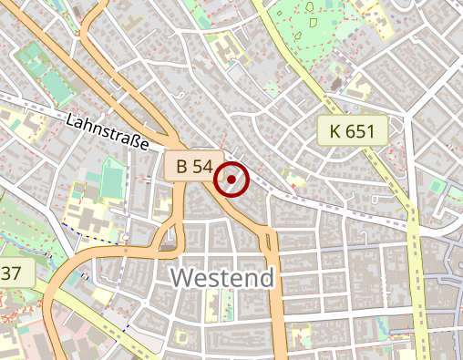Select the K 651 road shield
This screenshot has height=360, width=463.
[x=353, y=131]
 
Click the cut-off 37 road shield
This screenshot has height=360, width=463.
[x=13, y=273]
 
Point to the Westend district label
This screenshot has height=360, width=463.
[x=221, y=277]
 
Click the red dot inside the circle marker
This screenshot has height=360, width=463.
[x=232, y=180]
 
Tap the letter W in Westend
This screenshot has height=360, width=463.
[x=182, y=277]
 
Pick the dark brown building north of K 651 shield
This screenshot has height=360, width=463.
[x=337, y=84]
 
